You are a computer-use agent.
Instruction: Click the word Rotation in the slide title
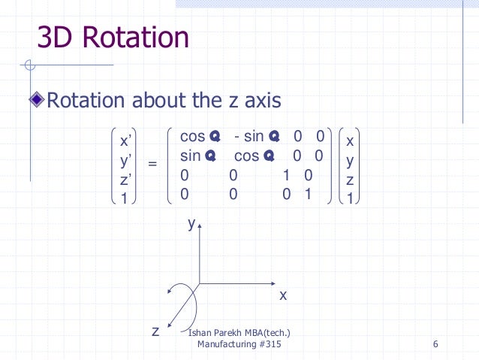coord(140,38)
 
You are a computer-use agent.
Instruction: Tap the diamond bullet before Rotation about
coord(40,100)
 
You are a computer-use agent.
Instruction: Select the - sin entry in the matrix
coord(249,137)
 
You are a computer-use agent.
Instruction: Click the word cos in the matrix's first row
coord(193,137)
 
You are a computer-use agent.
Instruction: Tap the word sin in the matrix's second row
coord(191,156)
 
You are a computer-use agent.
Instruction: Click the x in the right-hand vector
coord(350,141)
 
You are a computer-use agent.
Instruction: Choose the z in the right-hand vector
coord(350,180)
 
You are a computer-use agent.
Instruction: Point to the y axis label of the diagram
coord(191,223)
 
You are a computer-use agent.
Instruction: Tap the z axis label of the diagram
coord(155,331)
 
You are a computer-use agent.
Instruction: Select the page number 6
coord(435,345)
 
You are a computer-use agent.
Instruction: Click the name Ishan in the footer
coord(200,333)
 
